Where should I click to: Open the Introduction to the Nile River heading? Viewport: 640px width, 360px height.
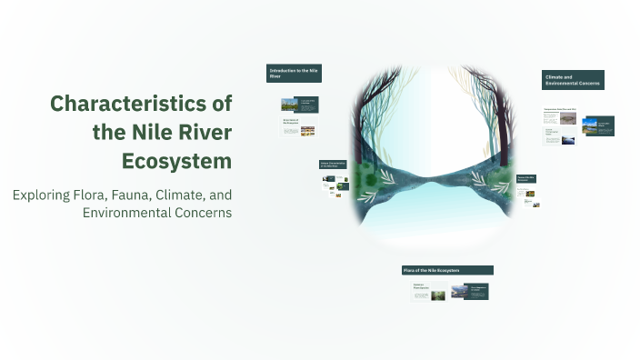click(x=294, y=74)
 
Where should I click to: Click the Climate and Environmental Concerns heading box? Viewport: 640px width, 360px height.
click(x=573, y=80)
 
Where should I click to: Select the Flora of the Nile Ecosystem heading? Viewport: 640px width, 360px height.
click(x=447, y=270)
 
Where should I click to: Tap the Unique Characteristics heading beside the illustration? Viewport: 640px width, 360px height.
click(x=333, y=165)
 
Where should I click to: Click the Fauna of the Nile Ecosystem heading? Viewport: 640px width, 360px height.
click(x=527, y=180)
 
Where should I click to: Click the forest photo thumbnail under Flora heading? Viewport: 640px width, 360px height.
click(x=438, y=295)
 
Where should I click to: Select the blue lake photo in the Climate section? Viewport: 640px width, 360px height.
click(x=590, y=125)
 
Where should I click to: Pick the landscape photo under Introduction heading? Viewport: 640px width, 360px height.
click(x=289, y=104)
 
